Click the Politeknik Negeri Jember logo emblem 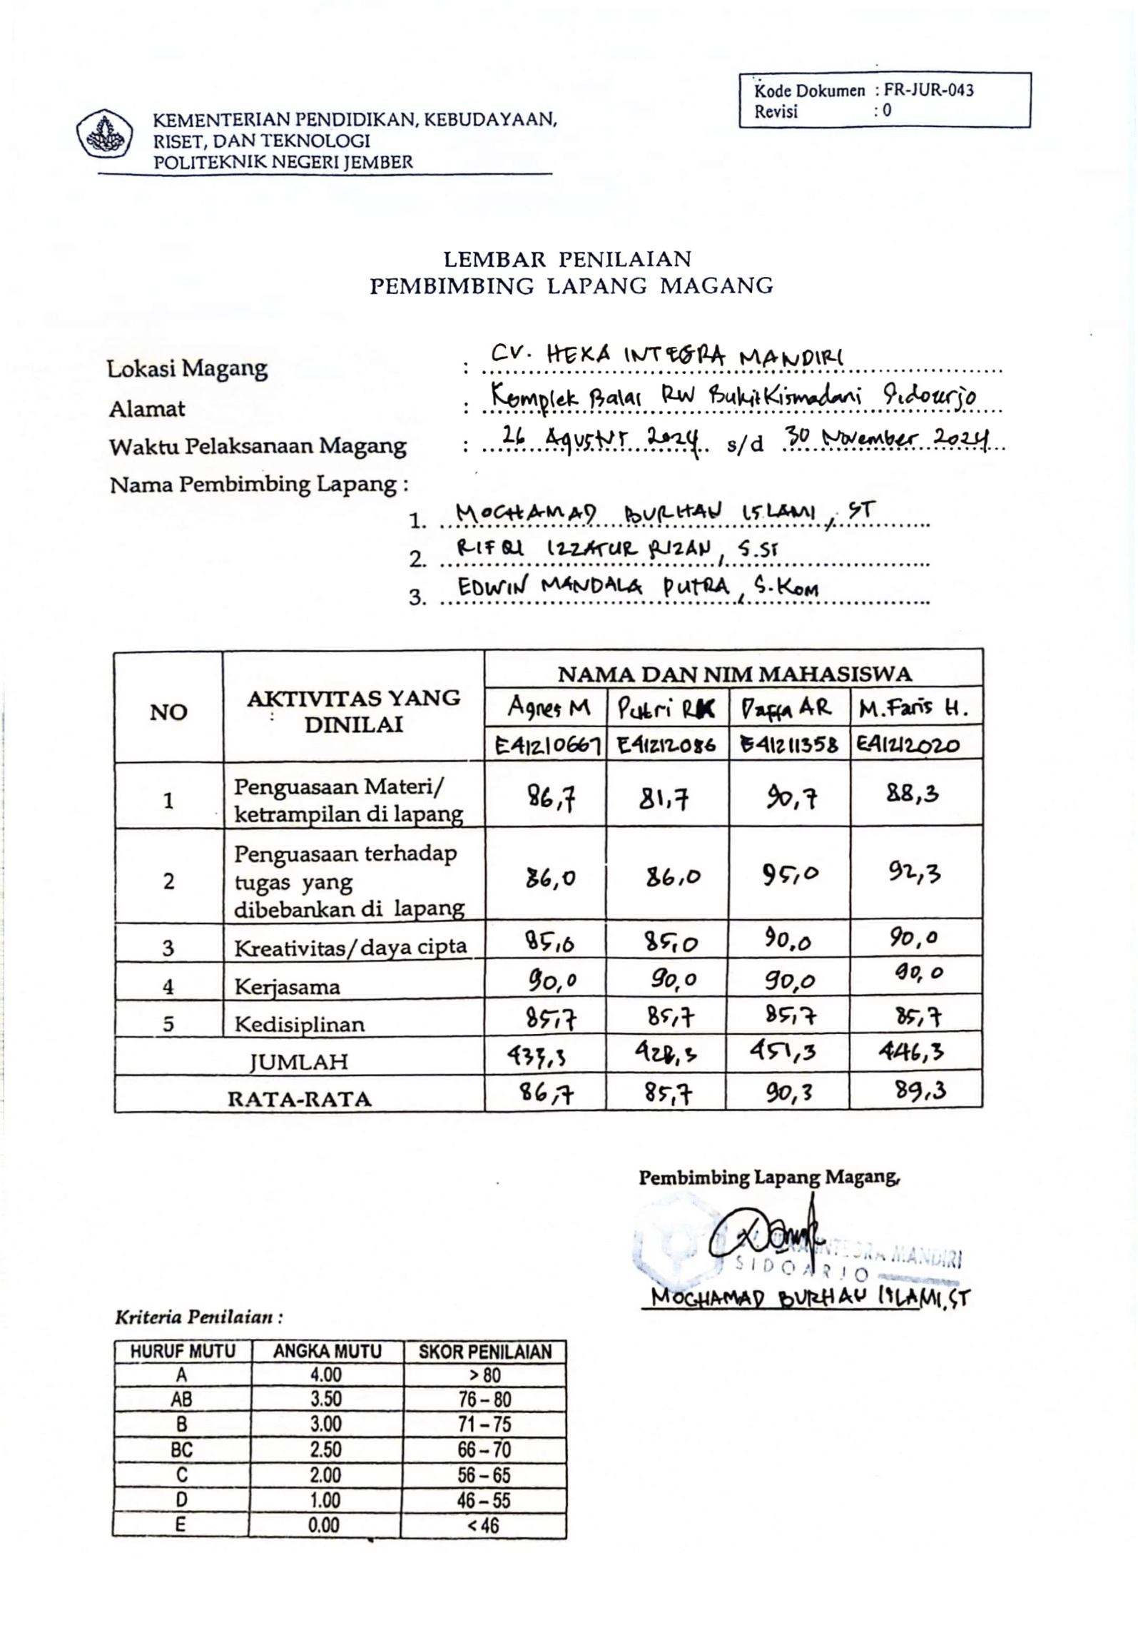(104, 133)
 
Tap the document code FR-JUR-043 (928, 90)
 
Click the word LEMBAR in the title (493, 258)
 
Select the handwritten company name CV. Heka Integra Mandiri (667, 355)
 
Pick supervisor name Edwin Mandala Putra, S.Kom (638, 587)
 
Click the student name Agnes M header (548, 707)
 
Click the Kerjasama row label (288, 987)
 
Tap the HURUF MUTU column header (183, 1351)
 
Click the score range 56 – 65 (484, 1474)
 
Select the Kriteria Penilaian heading (199, 1317)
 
